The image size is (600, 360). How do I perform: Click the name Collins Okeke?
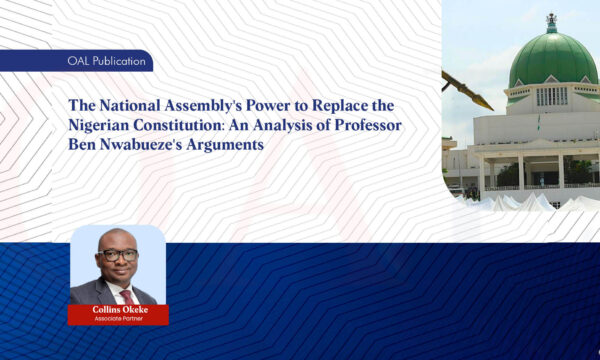pos(118,310)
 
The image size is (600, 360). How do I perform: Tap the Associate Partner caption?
pos(118,320)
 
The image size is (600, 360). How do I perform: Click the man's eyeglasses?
pos(118,256)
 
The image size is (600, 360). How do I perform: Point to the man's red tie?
pos(127,296)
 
